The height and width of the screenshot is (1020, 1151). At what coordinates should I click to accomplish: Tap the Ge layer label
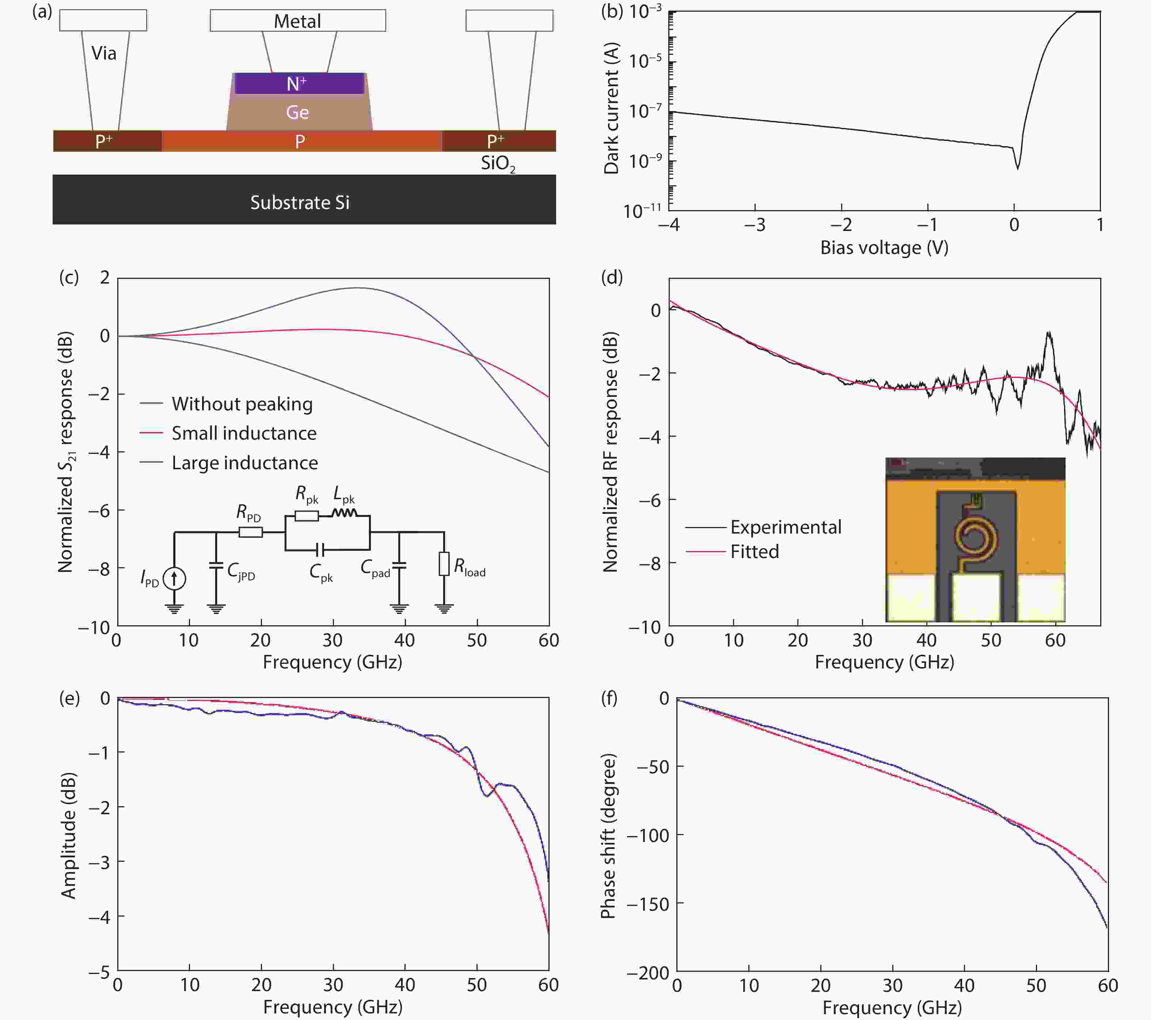pyautogui.click(x=297, y=112)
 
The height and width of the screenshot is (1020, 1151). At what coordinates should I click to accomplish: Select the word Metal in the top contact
pyautogui.click(x=297, y=22)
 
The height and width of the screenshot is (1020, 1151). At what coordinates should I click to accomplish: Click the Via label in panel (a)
pyautogui.click(x=104, y=53)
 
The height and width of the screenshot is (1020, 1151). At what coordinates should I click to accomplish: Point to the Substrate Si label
pyautogui.click(x=300, y=202)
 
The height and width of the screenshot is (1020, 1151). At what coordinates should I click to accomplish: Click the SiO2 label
pyautogui.click(x=498, y=164)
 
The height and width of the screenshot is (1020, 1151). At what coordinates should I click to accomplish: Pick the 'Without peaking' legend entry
pyautogui.click(x=242, y=404)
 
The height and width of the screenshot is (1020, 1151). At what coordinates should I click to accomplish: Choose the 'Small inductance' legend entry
pyautogui.click(x=244, y=433)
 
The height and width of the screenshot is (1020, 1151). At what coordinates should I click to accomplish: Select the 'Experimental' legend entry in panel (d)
pyautogui.click(x=786, y=527)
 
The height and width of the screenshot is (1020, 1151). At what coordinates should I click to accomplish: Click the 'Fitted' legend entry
pyautogui.click(x=755, y=551)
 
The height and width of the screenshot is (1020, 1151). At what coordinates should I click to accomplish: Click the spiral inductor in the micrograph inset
pyautogui.click(x=975, y=535)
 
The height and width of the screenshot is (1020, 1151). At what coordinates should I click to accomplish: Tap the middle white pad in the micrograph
pyautogui.click(x=976, y=597)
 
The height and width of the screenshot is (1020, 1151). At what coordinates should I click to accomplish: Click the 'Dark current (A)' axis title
pyautogui.click(x=611, y=109)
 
